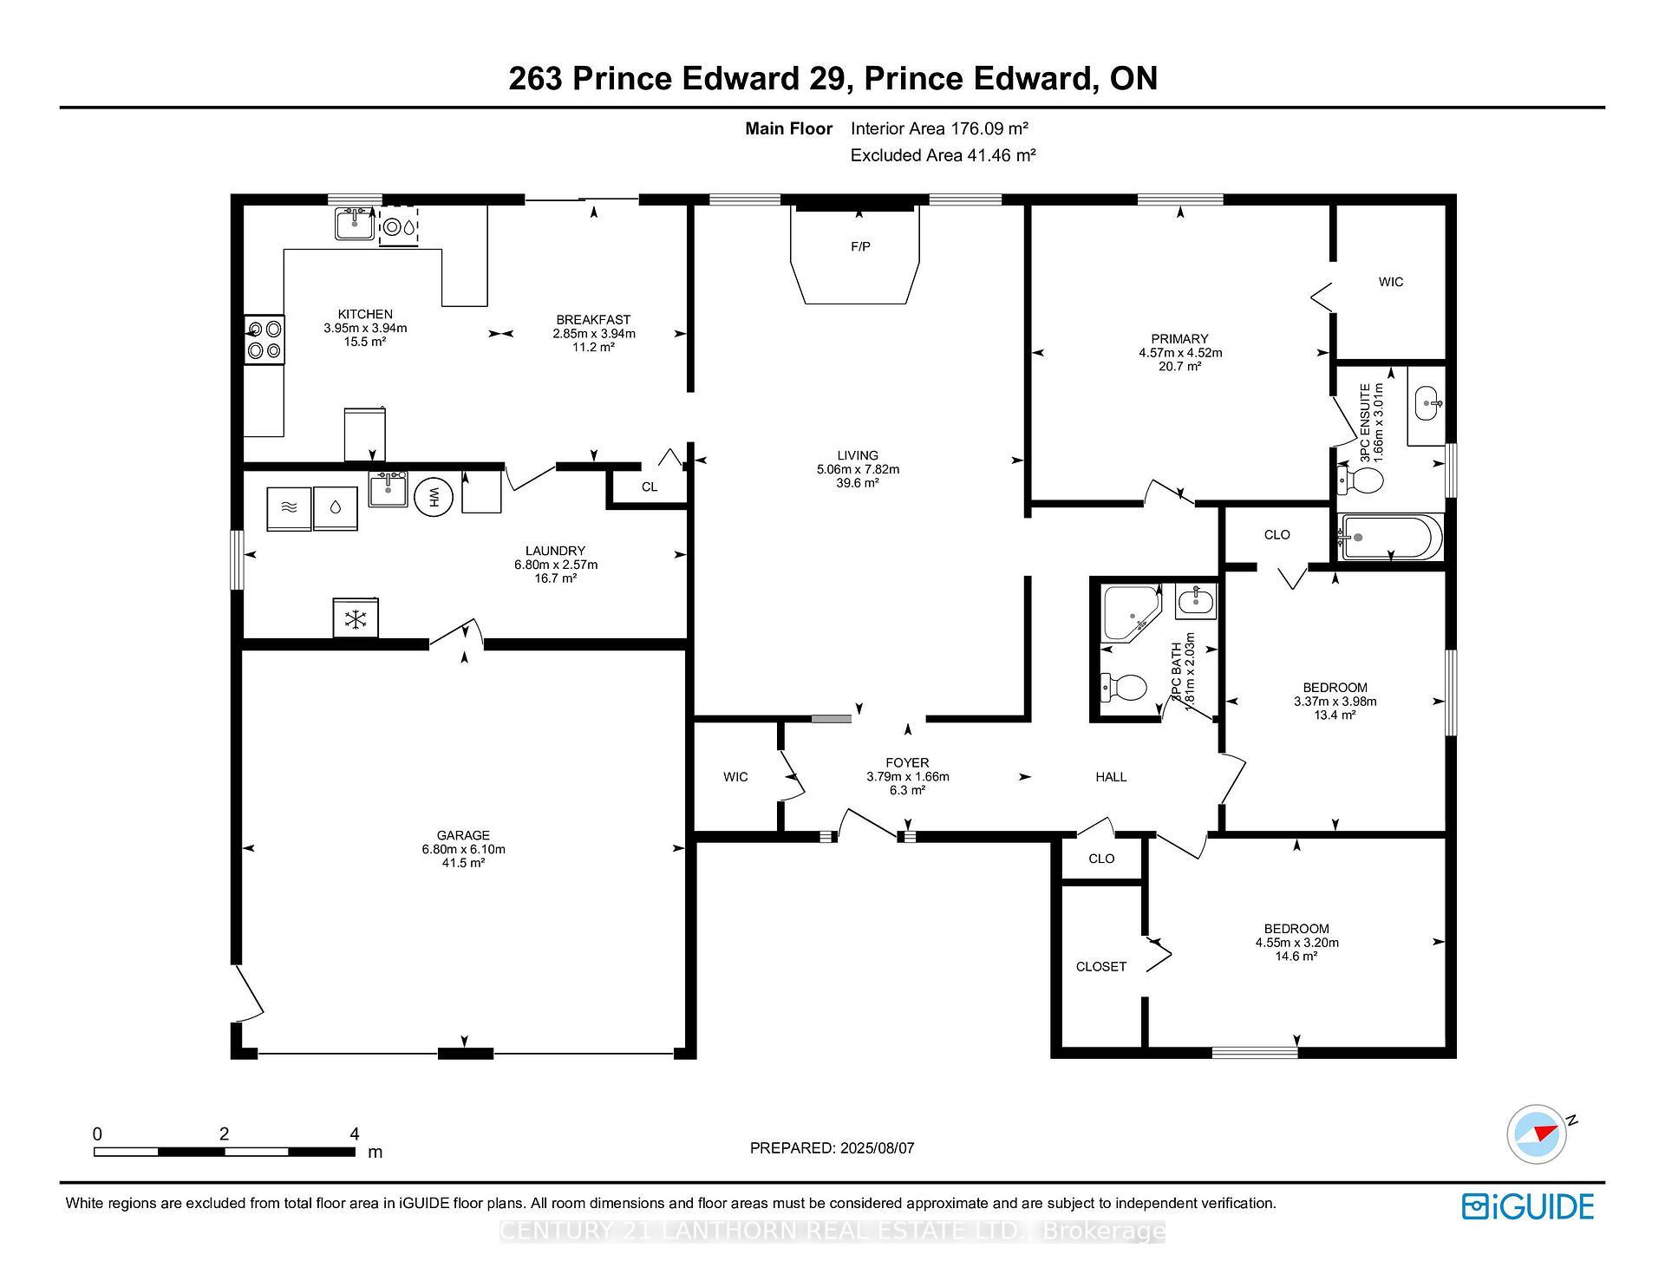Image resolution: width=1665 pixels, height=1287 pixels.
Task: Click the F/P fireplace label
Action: (860, 247)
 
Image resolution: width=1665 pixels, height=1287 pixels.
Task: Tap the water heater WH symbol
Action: (434, 497)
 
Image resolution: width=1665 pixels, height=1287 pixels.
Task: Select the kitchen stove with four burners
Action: (264, 339)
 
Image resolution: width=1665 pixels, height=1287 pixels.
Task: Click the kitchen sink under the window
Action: (355, 224)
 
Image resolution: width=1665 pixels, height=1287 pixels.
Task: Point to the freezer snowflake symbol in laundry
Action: (355, 618)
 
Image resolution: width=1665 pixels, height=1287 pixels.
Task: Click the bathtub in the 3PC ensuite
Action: (1390, 537)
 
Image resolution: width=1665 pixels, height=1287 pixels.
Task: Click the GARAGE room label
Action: (463, 835)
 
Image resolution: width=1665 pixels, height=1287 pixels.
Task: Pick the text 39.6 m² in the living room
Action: (858, 483)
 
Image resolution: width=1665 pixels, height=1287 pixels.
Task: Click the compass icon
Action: (1538, 1133)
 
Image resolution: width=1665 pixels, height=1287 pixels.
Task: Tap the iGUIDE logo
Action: (1527, 1206)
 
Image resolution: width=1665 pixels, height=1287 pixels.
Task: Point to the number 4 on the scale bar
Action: (354, 1133)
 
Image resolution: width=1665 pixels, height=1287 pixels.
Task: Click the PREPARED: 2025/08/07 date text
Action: (832, 1148)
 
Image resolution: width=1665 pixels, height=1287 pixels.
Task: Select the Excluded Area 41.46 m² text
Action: (943, 155)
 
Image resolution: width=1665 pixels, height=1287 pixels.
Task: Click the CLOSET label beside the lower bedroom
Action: (1100, 966)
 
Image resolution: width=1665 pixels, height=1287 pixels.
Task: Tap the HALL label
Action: (1111, 777)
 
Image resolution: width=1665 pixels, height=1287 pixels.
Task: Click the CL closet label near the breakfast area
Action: (650, 487)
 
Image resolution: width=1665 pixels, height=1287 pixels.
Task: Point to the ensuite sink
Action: (1428, 402)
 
